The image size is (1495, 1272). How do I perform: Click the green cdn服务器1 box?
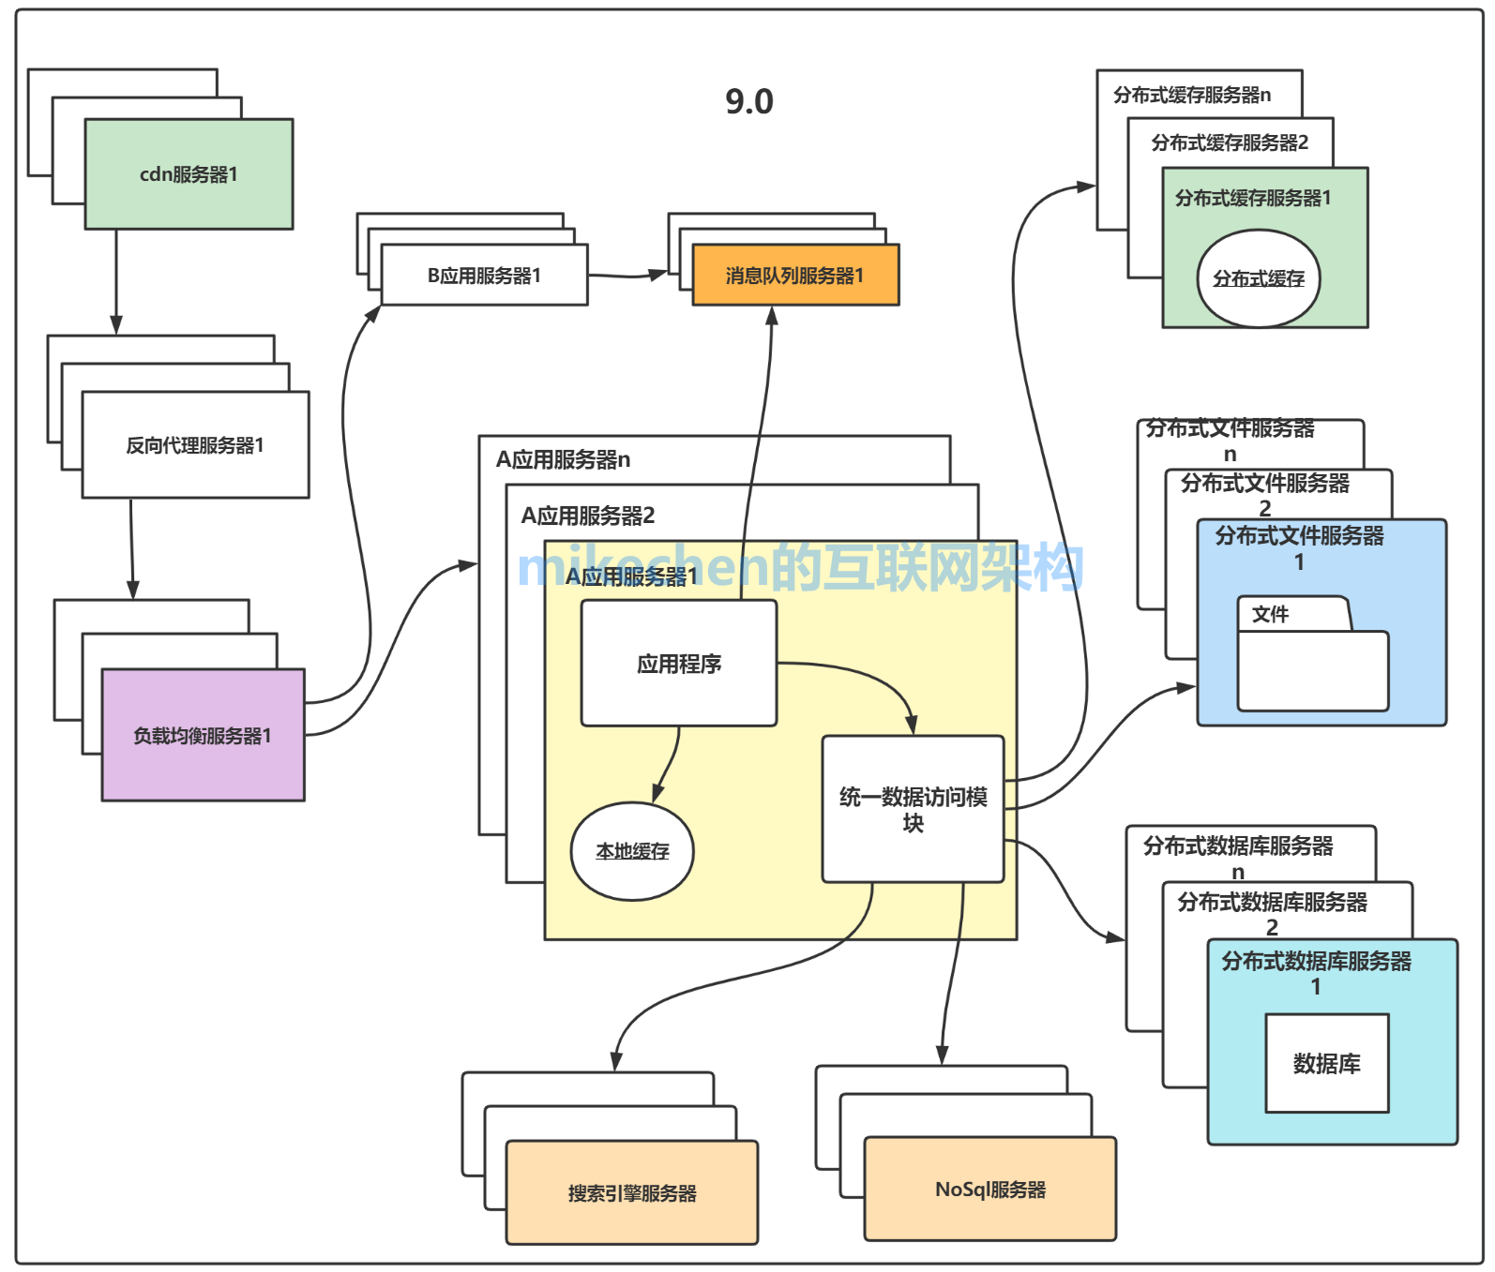[x=189, y=174]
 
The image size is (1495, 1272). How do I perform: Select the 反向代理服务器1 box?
[x=195, y=445]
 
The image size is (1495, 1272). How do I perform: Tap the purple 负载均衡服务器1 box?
[x=203, y=736]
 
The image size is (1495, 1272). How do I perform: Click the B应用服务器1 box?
[x=484, y=276]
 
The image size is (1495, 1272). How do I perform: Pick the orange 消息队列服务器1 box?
[x=795, y=276]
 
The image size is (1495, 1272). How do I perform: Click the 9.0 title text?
[x=748, y=101]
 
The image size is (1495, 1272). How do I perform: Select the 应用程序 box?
[x=679, y=664]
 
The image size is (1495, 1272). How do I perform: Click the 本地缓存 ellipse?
[x=632, y=851]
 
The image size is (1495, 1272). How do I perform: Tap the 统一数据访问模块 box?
[x=913, y=809]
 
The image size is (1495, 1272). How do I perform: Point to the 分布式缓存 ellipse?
[x=1258, y=278]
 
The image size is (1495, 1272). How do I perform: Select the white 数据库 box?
[x=1326, y=1064]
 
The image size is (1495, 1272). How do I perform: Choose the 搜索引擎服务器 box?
[x=631, y=1193]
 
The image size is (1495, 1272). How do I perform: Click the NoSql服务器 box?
[x=989, y=1190]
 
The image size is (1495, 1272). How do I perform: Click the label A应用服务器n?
[x=563, y=459]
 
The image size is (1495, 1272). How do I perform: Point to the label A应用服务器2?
[x=588, y=516]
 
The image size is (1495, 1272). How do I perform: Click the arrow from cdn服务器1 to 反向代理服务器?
[x=116, y=281]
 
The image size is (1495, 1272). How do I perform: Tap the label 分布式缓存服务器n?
[x=1191, y=95]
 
